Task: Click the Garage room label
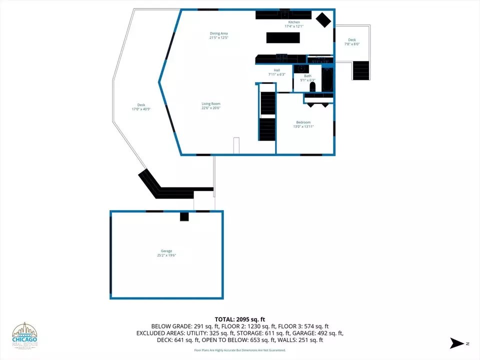[166, 251]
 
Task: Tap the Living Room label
[211, 103]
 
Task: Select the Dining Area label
[218, 33]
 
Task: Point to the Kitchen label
[293, 22]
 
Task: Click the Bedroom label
[303, 122]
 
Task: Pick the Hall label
[276, 70]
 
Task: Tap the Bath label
[307, 76]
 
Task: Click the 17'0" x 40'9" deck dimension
[141, 109]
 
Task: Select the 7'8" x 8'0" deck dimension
[352, 44]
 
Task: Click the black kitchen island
[283, 37]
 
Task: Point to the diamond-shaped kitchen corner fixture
[323, 20]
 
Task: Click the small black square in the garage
[184, 216]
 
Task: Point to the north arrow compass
[458, 343]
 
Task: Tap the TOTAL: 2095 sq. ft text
[239, 318]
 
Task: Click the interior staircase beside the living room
[267, 112]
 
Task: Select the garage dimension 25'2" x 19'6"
[166, 255]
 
